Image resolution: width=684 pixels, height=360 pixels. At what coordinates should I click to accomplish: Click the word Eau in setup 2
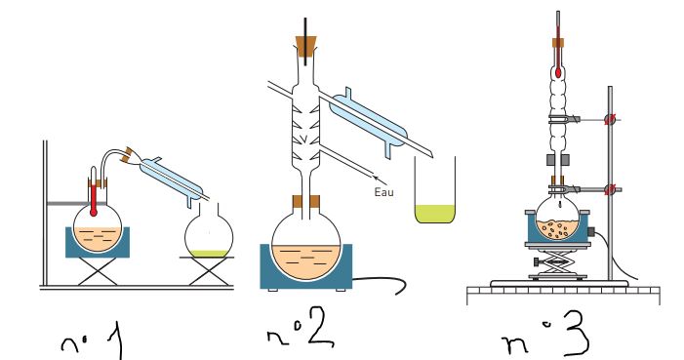coord(383,192)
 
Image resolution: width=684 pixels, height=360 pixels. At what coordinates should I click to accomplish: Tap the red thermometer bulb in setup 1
coord(93,213)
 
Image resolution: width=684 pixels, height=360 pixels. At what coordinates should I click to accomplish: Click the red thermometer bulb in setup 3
coord(558,72)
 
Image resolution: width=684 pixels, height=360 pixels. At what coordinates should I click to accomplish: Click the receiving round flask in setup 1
coord(209,231)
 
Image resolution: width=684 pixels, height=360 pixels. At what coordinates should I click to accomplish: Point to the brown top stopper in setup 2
coord(305,46)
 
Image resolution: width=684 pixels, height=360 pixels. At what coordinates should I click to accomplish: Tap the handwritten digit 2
coord(321,327)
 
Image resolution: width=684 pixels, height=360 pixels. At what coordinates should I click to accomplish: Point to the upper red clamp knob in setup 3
coord(610,119)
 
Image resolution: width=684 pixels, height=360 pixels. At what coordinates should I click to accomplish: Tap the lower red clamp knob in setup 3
coord(610,189)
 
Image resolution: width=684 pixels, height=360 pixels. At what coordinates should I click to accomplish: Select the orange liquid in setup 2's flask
coord(305,261)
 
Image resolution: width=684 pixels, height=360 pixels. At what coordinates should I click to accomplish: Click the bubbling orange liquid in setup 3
coord(558,229)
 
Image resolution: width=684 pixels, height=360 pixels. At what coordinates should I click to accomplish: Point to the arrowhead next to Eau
coord(377,178)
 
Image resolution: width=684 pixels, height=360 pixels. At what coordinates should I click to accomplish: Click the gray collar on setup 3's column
coord(558,160)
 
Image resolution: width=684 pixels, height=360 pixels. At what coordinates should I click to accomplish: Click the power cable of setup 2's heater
coord(380,284)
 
